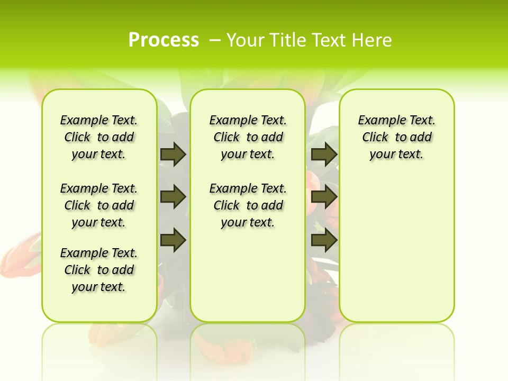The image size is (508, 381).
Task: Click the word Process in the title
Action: coord(164,40)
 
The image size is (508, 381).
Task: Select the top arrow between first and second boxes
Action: coord(173,154)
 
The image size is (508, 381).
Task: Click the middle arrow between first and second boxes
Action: coord(173,197)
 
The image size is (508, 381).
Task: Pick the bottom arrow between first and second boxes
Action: coord(173,240)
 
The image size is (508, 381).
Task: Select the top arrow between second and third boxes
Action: coord(324,154)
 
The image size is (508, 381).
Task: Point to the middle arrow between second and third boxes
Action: coord(324,197)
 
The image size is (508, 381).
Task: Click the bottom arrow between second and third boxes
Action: coord(324,240)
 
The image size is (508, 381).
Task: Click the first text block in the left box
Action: coord(99,137)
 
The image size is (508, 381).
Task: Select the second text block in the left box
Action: coord(99,205)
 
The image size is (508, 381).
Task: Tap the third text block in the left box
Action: coord(99,270)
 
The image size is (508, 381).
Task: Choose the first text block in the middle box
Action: coord(248,137)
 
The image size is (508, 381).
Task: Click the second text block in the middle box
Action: coord(248,205)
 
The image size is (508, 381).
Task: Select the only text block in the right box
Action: coord(397,137)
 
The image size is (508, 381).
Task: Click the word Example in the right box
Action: coord(379,121)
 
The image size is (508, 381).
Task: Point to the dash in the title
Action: coord(214,40)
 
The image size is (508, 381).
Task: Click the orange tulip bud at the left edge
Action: coord(16,254)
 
